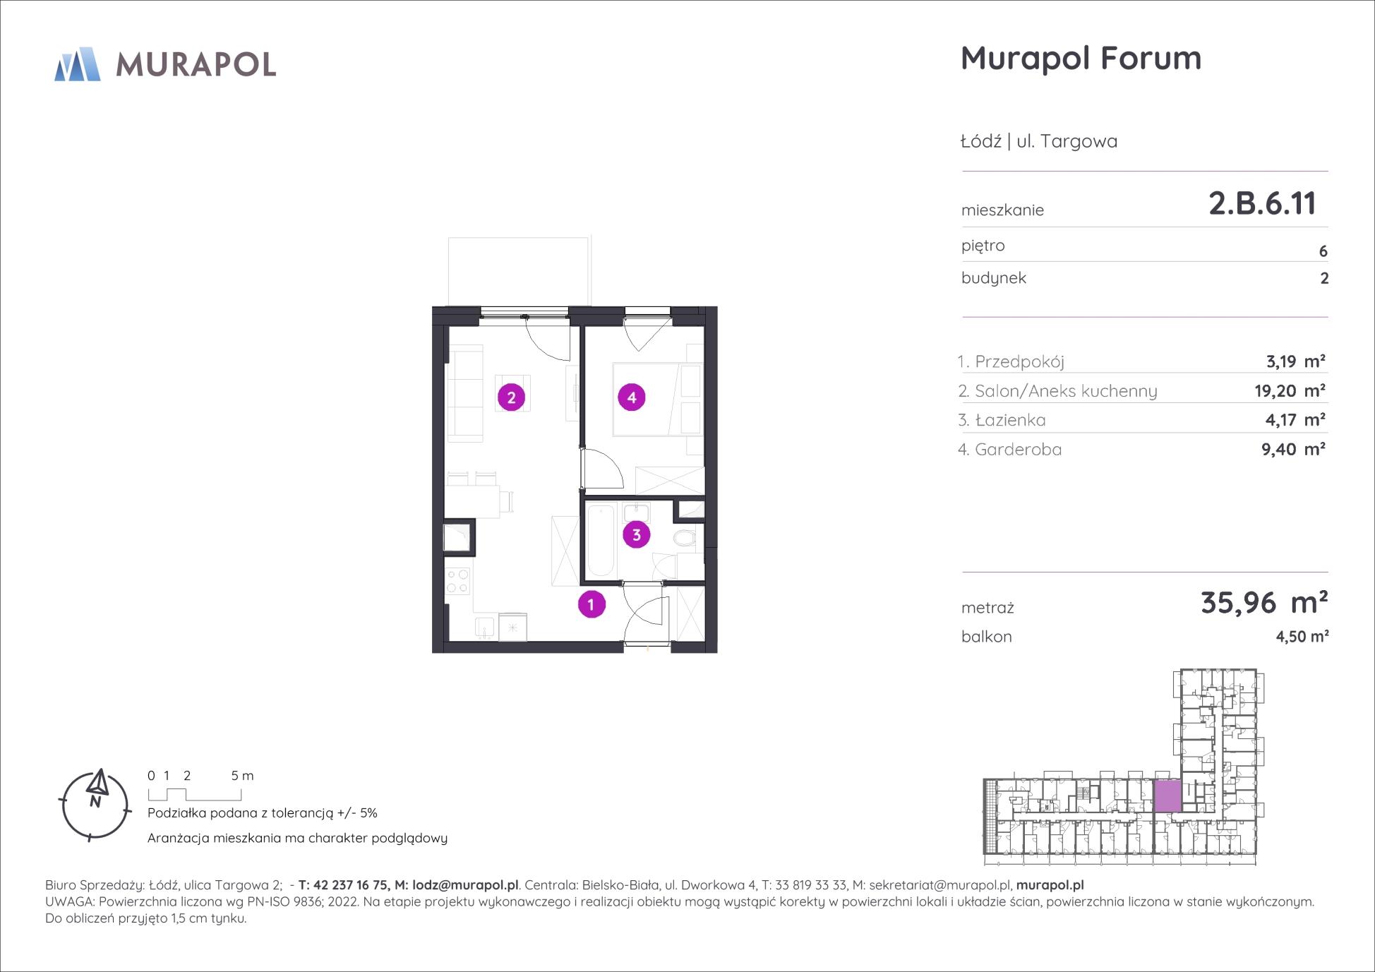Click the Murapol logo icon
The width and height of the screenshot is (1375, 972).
[78, 64]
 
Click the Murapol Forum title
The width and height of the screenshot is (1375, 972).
[1081, 58]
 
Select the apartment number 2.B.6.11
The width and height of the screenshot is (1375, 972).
[1262, 203]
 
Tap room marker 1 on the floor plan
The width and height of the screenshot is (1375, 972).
[592, 604]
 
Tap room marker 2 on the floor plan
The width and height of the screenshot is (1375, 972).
[511, 397]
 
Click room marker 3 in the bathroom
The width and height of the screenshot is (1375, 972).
[636, 535]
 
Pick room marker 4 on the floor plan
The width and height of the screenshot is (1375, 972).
[631, 397]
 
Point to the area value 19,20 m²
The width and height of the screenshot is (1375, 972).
[1290, 391]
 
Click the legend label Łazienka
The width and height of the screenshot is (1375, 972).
[1010, 420]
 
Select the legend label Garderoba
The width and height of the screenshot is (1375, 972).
[1018, 450]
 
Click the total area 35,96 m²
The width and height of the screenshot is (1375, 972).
[1264, 602]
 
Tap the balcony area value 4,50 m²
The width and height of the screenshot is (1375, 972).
[1302, 636]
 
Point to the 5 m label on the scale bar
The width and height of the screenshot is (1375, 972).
[242, 776]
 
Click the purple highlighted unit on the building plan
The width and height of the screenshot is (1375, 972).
[1167, 796]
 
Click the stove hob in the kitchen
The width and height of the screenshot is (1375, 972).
[457, 581]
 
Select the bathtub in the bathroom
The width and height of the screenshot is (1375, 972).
[601, 541]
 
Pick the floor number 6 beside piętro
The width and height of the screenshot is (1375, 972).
[1323, 251]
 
